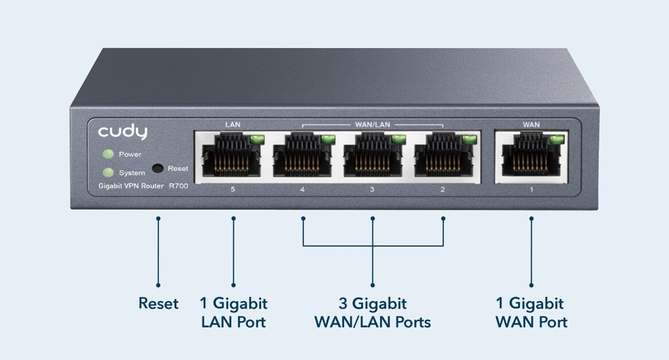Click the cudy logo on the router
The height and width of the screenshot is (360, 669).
122,132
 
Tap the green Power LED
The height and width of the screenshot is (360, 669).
107,155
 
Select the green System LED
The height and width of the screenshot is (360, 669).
107,173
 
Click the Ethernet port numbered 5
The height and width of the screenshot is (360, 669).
232,157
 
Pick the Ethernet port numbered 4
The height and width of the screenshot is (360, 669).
303,157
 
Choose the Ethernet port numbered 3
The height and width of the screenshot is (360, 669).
373,157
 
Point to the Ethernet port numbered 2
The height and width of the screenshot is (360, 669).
444,157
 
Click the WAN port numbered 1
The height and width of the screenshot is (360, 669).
531,157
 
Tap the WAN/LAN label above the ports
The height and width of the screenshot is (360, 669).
373,124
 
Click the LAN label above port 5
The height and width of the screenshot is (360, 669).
232,124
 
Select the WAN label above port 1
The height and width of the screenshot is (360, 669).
531,124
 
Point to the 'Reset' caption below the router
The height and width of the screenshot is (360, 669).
159,304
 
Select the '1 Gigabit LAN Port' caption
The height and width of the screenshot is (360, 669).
233,313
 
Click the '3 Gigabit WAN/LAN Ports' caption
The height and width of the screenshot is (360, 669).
373,313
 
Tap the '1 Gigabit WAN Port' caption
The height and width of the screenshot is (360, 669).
531,313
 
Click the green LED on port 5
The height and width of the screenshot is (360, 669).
256,139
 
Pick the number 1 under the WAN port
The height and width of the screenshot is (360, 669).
531,190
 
